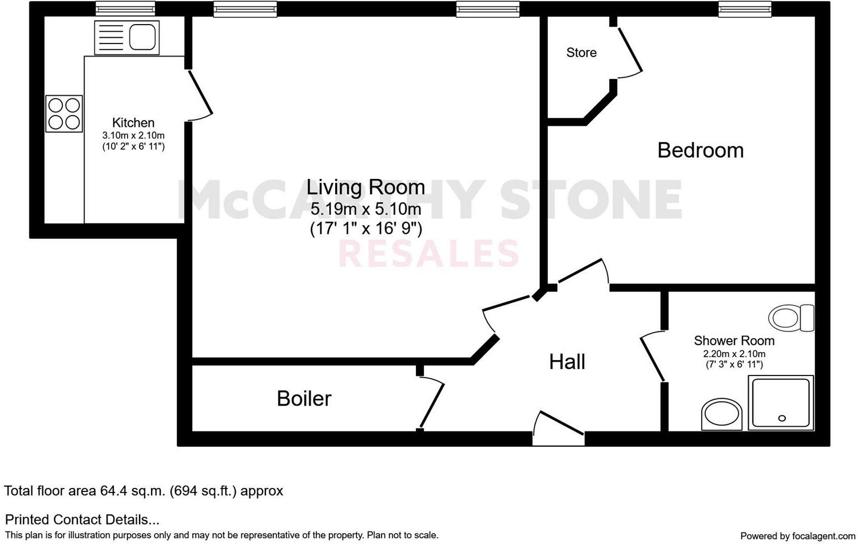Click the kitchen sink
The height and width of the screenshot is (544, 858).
pos(126,38)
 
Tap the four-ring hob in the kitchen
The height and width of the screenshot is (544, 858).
pos(64,114)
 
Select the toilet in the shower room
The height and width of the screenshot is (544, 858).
pos(792,318)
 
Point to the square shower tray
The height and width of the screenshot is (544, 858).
pos(781,402)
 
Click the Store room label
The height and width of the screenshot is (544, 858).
pos(581,53)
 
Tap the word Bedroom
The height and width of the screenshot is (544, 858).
pos(700,150)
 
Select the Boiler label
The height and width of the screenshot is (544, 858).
pos(304,398)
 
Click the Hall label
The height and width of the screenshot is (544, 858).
pos(567,362)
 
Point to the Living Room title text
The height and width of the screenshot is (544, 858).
pos(366,187)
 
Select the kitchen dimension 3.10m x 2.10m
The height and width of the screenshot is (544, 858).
pos(133,135)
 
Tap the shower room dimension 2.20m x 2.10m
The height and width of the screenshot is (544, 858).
pos(734,354)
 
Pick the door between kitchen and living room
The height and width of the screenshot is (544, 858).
pos(200,95)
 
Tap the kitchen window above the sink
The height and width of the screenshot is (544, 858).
pos(125,9)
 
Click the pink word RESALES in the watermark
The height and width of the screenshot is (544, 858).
pos(429,254)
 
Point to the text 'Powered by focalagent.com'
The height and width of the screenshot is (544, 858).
pos(797,536)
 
